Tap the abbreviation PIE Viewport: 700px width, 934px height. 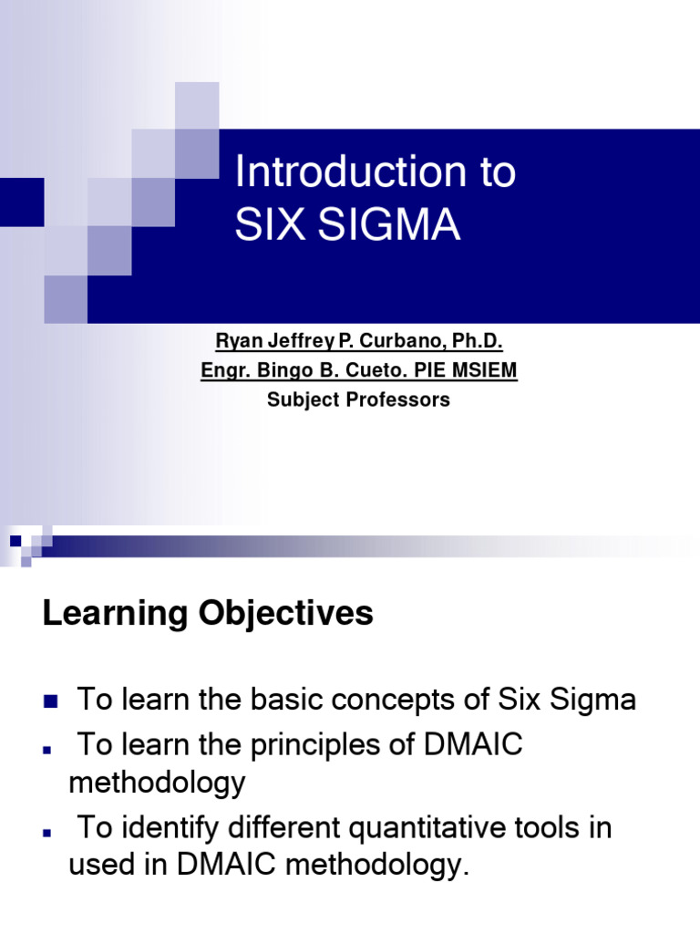(437, 370)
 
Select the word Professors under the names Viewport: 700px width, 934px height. (401, 400)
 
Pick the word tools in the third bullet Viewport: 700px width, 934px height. (554, 829)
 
